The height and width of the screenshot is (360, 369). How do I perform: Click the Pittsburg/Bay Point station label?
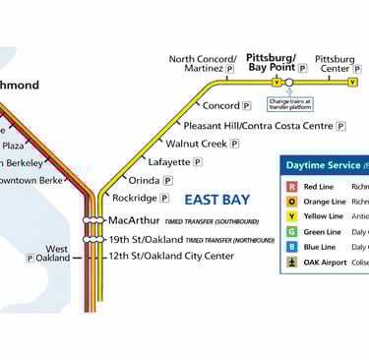coord(273,63)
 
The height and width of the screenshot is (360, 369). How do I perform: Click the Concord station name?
coord(220,105)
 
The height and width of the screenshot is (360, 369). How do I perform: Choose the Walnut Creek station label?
coord(196,144)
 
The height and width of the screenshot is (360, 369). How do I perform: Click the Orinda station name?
coord(144,181)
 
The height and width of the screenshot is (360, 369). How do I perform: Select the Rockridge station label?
coord(135,198)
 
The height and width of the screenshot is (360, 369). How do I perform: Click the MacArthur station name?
coord(133,219)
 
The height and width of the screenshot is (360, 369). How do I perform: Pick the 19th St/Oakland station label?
coord(145,239)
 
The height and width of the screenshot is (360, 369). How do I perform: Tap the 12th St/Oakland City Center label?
coord(171,257)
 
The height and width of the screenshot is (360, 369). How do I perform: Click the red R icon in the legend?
coord(291,186)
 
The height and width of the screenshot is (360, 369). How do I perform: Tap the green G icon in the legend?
coord(291,232)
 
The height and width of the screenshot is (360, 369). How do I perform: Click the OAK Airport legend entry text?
coord(326,263)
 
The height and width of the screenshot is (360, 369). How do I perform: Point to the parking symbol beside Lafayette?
coord(197,161)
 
